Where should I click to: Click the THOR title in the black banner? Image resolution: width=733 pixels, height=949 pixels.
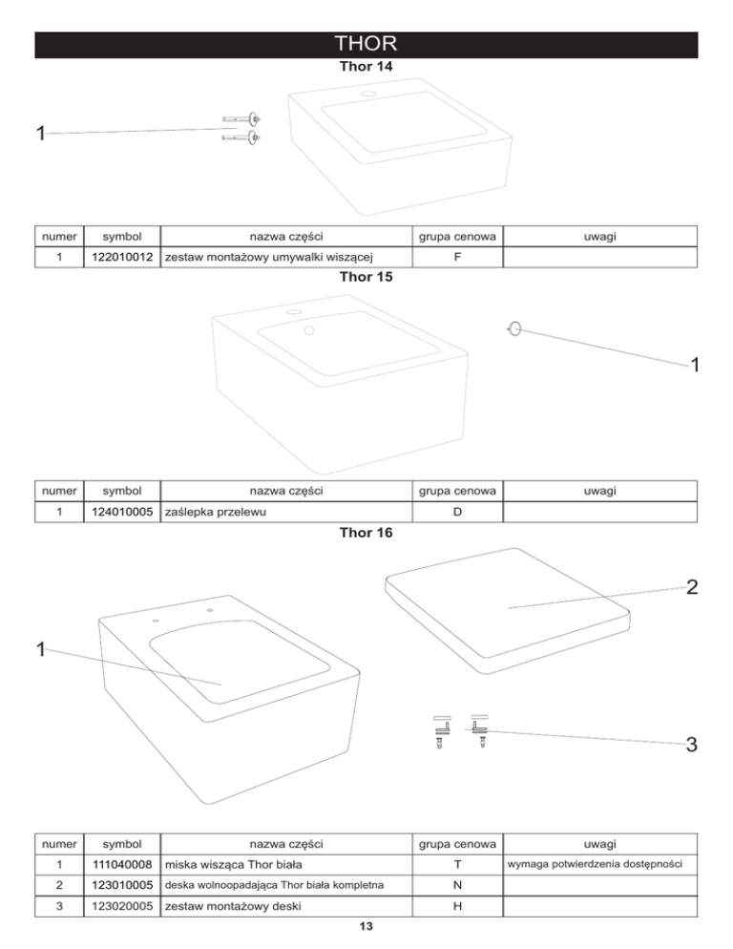tap(366, 45)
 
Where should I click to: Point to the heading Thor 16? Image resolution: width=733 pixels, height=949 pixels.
tap(366, 533)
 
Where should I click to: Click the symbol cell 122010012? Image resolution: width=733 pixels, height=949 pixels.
tap(122, 257)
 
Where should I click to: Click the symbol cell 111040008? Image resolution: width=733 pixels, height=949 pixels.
tap(122, 864)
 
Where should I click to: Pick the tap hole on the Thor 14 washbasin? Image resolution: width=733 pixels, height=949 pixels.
tap(367, 95)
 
